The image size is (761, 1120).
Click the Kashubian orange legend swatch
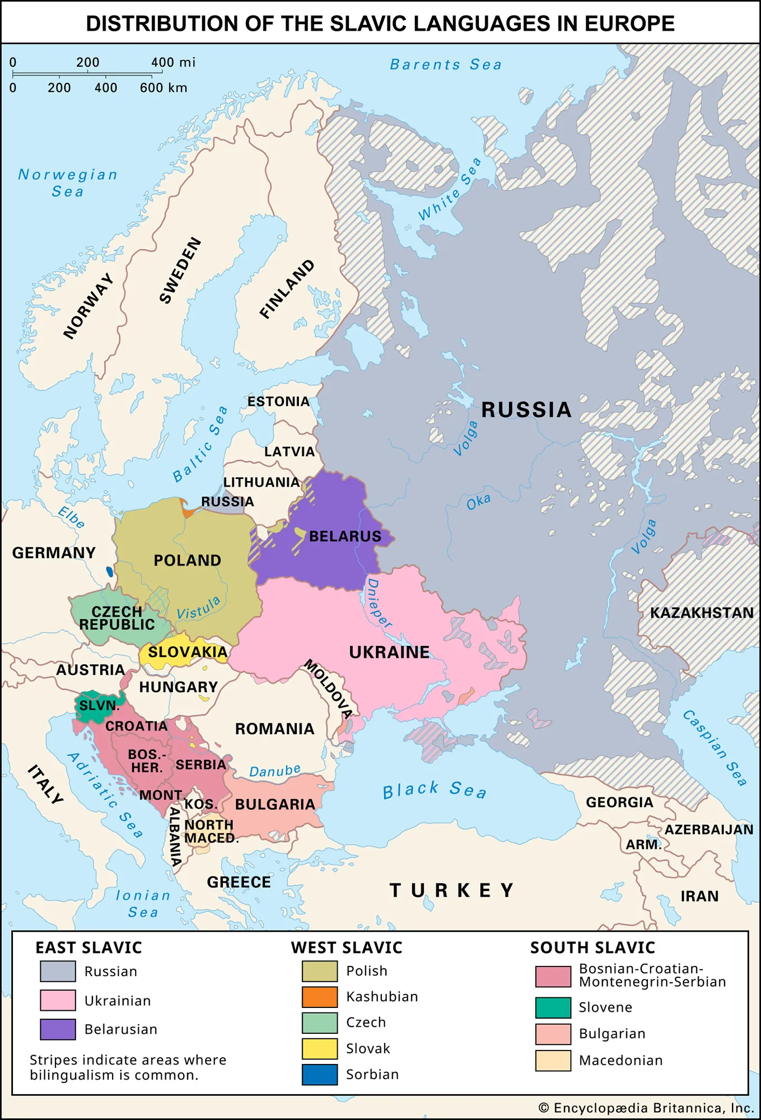[x=320, y=997]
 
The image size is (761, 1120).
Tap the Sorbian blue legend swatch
[x=320, y=1075]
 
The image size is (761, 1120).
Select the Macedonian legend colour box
[x=553, y=1061]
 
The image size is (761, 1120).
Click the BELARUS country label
[x=345, y=536]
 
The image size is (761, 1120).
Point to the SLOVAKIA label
[x=188, y=652]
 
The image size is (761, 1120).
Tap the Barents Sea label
[x=446, y=65]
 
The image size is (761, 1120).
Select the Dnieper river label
[x=379, y=604]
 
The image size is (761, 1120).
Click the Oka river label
[x=479, y=502]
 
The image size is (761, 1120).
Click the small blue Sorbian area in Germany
[x=110, y=572]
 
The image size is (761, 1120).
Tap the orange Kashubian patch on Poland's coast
[x=187, y=511]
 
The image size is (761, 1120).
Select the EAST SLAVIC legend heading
[x=88, y=948]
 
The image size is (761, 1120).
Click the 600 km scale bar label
[x=164, y=88]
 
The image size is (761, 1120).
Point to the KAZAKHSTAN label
[x=702, y=613]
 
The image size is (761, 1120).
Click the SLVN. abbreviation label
[x=99, y=706]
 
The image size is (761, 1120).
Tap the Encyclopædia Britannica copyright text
[x=646, y=1108]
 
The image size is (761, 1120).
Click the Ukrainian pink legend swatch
[x=58, y=1000]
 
